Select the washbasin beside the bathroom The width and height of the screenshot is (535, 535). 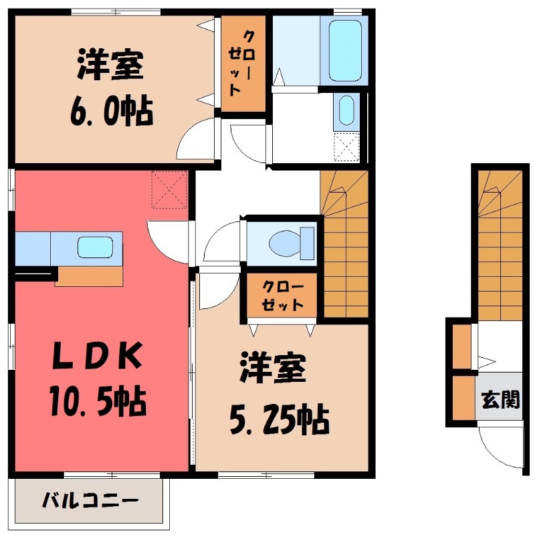pyautogui.click(x=346, y=110)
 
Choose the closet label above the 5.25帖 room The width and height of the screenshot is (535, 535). pyautogui.click(x=282, y=296)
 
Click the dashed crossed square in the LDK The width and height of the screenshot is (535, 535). pyautogui.click(x=169, y=190)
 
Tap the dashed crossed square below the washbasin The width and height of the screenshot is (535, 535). pyautogui.click(x=347, y=147)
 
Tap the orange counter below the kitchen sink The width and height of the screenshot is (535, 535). pyautogui.click(x=89, y=276)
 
